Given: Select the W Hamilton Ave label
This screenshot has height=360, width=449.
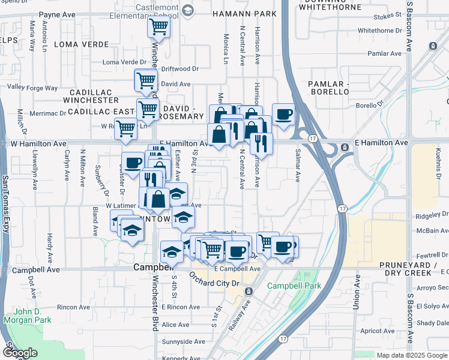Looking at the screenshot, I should (38, 144).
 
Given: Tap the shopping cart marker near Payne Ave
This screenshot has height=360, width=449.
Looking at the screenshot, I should (158, 26).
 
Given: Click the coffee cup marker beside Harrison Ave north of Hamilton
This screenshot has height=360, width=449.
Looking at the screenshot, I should (283, 113).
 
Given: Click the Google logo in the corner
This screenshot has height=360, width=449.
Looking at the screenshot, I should (19, 353).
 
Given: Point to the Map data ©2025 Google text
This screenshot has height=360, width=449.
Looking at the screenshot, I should (412, 355).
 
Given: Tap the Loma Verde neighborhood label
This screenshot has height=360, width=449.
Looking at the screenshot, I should (81, 44).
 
